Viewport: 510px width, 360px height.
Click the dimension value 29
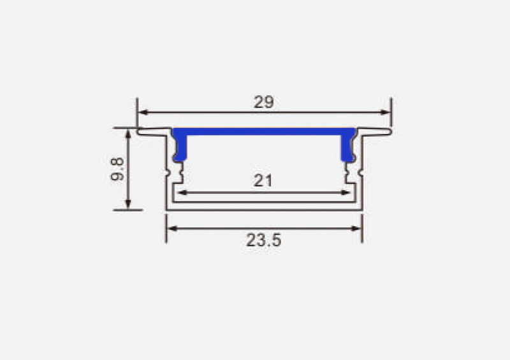pos(263,102)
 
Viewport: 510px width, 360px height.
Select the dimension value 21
pos(263,181)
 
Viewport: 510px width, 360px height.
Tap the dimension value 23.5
pos(263,240)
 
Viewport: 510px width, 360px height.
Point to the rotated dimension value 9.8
pos(117,169)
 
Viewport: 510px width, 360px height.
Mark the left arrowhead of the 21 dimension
pos(181,192)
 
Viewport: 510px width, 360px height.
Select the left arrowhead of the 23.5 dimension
pos(171,229)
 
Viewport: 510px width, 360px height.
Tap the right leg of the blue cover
pos(348,149)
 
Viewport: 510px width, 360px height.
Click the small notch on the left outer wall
pos(167,171)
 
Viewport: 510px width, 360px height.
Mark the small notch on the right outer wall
pos(361,171)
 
